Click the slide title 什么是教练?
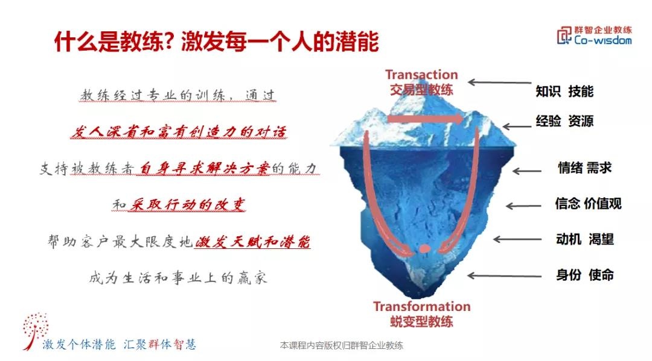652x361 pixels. (x=112, y=42)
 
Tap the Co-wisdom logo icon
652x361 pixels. (x=564, y=35)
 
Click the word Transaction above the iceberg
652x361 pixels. (x=421, y=75)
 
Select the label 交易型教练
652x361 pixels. (x=421, y=90)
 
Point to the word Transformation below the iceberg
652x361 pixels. (x=421, y=307)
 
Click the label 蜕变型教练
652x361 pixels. (x=421, y=321)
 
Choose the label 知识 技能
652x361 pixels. (x=564, y=92)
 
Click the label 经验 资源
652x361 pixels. (x=564, y=121)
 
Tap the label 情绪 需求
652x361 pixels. (x=584, y=168)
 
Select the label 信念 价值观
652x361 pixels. (x=588, y=203)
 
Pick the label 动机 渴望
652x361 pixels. (x=584, y=239)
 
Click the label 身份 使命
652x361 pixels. (x=584, y=275)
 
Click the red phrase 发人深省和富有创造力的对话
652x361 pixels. (x=178, y=132)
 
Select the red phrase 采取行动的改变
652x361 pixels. (x=187, y=205)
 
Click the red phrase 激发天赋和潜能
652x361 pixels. (x=252, y=242)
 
